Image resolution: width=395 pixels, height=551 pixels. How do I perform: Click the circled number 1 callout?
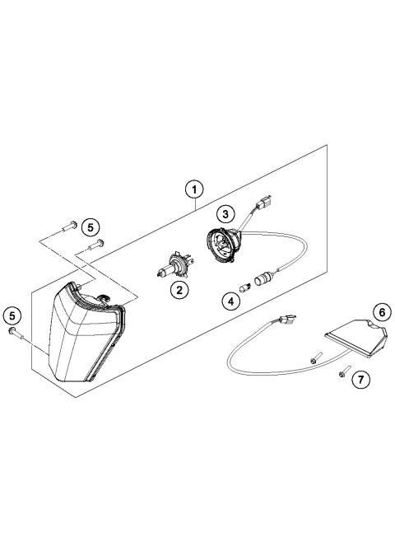[193, 190]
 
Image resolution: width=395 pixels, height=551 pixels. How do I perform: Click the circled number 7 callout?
[359, 380]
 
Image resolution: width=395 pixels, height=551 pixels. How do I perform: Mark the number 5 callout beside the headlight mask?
[12, 314]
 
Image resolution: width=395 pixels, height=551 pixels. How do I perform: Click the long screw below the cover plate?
[316, 357]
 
